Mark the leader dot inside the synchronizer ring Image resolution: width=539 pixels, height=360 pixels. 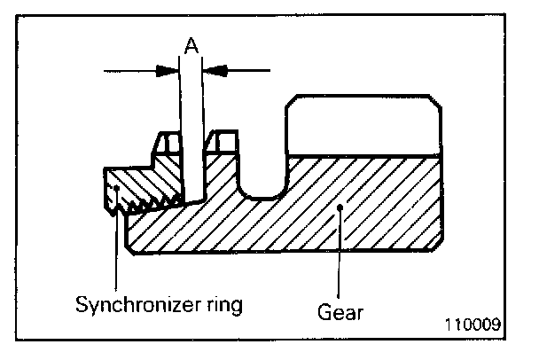coord(116,188)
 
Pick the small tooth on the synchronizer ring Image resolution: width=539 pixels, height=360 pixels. coord(168,143)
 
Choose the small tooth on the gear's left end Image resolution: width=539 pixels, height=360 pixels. coord(223,141)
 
